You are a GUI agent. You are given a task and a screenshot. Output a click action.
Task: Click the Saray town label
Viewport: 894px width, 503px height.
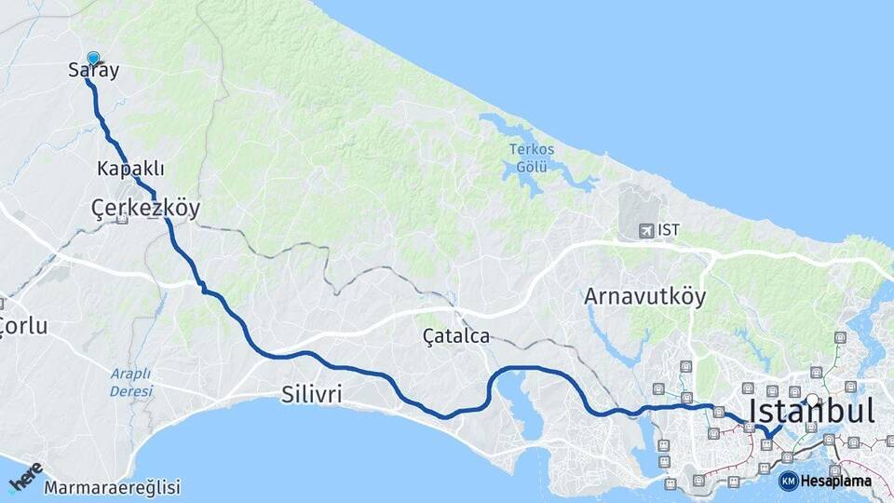(94, 71)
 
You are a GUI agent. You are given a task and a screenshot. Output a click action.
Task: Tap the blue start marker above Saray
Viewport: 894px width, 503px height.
(93, 58)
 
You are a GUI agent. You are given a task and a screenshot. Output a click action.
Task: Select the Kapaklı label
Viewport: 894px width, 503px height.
(130, 169)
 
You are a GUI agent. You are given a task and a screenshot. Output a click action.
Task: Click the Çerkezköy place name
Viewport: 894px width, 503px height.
(145, 208)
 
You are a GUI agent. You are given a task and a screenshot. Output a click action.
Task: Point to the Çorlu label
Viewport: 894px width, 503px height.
(23, 326)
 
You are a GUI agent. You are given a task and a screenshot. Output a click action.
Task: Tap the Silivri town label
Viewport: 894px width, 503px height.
(311, 395)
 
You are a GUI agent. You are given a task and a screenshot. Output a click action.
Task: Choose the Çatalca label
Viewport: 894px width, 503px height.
(455, 336)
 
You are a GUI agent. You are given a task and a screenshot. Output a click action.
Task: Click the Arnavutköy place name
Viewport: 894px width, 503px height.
(644, 297)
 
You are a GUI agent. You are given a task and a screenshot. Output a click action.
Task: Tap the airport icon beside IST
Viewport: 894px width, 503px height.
(645, 229)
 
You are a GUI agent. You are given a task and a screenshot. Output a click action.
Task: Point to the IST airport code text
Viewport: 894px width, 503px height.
(669, 229)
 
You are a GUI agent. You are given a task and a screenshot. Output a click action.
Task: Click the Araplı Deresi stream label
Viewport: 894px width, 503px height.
(130, 383)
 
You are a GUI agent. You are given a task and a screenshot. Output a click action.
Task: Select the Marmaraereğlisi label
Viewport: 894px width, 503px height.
(112, 487)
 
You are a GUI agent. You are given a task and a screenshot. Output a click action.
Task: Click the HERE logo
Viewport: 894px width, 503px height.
(25, 477)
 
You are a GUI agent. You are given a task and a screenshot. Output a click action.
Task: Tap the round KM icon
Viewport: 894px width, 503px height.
(788, 482)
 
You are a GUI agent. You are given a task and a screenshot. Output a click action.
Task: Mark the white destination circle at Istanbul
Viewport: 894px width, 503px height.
(812, 401)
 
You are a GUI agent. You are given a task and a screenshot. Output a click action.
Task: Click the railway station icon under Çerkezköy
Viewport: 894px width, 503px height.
(122, 222)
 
